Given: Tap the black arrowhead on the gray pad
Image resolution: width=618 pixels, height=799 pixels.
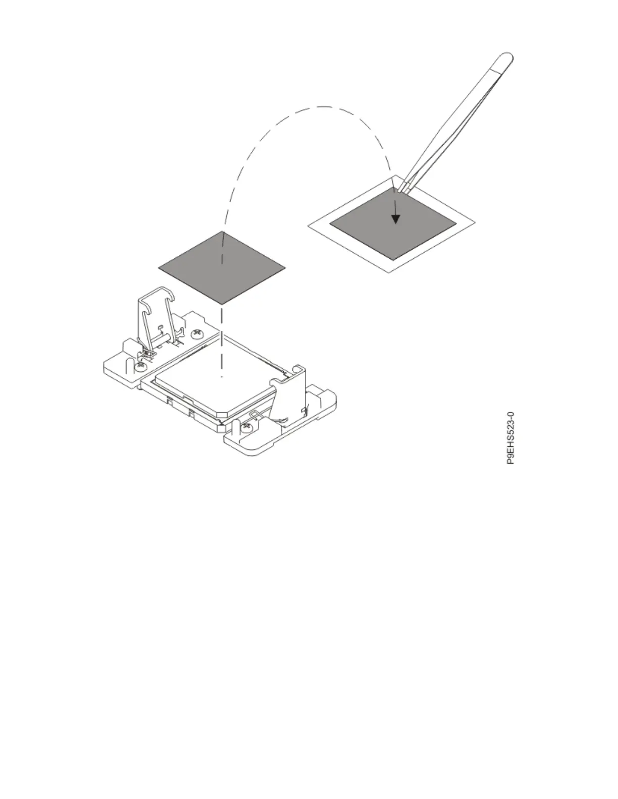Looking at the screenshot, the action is (396, 219).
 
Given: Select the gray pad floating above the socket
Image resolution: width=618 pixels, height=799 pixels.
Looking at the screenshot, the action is (222, 267).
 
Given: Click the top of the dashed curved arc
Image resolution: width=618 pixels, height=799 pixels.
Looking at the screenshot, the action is (323, 107).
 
